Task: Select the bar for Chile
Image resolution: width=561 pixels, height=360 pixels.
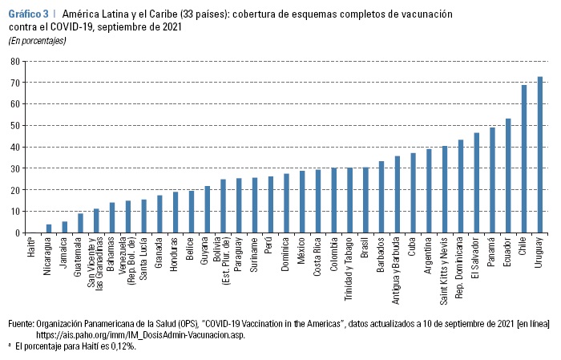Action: [x=524, y=159]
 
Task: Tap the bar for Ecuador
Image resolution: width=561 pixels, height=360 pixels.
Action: [x=508, y=176]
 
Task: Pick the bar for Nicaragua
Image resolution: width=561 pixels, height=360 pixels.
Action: [x=49, y=229]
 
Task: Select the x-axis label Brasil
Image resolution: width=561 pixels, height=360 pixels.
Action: [x=366, y=250]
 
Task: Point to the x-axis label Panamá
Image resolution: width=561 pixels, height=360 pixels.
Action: [x=493, y=252]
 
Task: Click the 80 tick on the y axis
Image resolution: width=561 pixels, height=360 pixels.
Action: [x=14, y=61]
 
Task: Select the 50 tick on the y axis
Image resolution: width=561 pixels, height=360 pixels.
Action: [x=14, y=125]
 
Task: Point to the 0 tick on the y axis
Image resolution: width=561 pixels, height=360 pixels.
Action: [x=17, y=233]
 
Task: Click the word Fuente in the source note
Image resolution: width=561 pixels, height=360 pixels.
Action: [x=21, y=323]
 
